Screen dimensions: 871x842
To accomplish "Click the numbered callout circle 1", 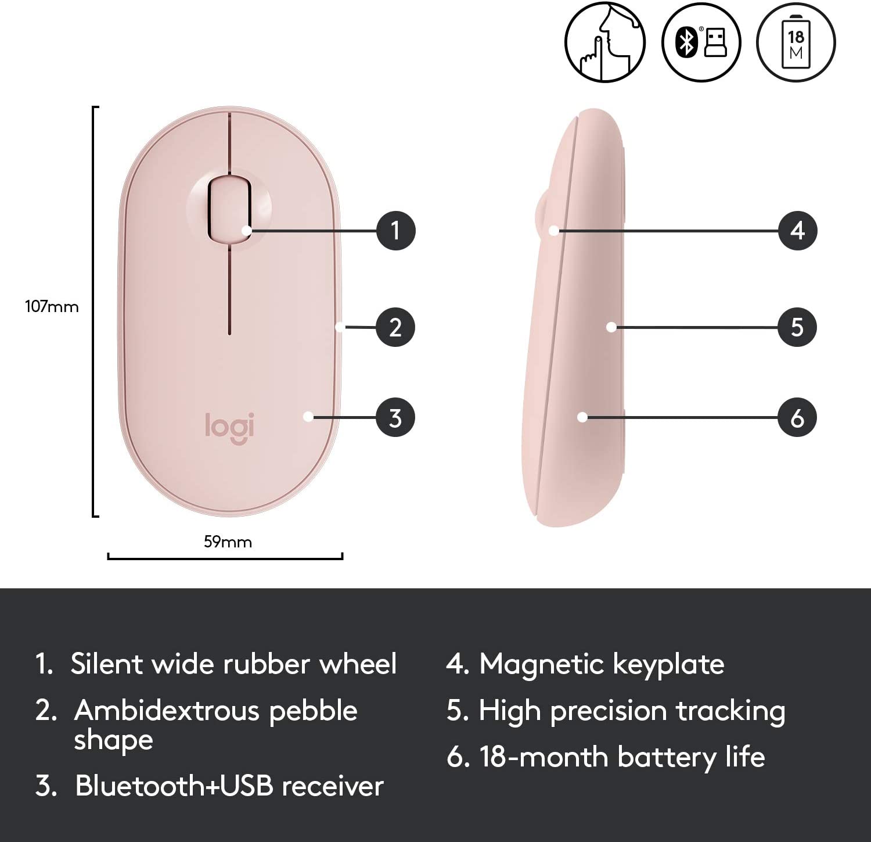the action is [x=396, y=230].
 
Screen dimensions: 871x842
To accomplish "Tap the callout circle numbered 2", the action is [x=395, y=327].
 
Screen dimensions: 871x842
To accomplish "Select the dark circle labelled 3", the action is [x=395, y=417].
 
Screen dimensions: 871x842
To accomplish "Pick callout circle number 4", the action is [x=798, y=231].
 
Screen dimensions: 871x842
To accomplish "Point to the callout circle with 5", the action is [x=797, y=327].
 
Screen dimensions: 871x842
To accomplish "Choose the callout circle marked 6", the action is [x=797, y=417].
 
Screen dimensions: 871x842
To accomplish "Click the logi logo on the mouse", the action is [x=230, y=428].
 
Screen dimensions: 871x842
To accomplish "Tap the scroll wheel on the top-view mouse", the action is [x=229, y=208].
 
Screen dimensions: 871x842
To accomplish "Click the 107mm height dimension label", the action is [x=52, y=306].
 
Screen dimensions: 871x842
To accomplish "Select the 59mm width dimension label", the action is [x=228, y=542].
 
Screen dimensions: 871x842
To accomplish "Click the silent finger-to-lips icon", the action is [x=605, y=42].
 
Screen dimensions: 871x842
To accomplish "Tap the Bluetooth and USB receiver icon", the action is [x=701, y=42].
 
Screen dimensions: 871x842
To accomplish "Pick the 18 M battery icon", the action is [x=796, y=42].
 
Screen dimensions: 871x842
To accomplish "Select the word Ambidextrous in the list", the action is [x=167, y=710].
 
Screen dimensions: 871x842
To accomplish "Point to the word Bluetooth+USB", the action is [x=174, y=786].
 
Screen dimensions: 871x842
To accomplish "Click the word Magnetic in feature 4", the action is [x=541, y=665].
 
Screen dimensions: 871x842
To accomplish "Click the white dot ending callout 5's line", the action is [x=611, y=327].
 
